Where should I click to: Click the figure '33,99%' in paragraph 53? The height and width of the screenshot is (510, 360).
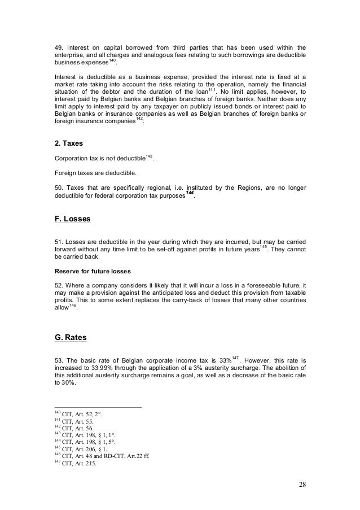tap(99, 370)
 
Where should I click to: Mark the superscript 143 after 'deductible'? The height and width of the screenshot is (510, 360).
tap(149, 155)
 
